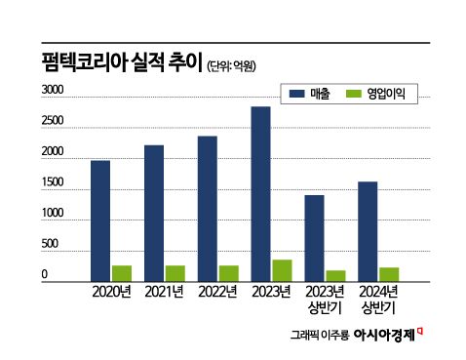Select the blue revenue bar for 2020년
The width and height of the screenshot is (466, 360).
[x=99, y=220]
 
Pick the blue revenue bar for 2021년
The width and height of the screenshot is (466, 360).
[x=153, y=212]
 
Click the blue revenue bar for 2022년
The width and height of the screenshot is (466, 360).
[x=207, y=208]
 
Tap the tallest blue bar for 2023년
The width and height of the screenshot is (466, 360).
[x=260, y=193]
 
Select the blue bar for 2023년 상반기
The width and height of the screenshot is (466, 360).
[x=314, y=237]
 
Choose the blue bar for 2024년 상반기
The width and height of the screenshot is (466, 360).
[x=368, y=230]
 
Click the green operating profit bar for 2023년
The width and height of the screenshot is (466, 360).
[x=282, y=270]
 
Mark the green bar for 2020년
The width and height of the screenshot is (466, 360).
[x=121, y=272]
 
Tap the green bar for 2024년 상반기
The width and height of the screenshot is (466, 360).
[x=389, y=273]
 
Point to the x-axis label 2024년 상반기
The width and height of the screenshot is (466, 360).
[x=377, y=300]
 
